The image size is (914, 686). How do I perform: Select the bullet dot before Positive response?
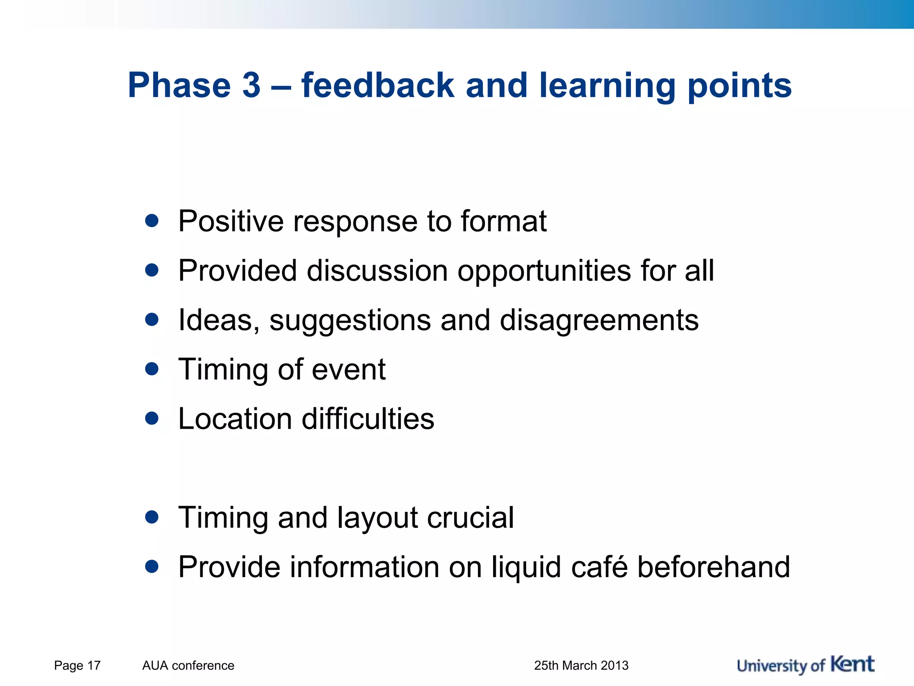(152, 220)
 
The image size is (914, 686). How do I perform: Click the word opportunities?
(544, 272)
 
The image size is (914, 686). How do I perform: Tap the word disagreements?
(599, 321)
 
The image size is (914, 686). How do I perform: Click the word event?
(348, 370)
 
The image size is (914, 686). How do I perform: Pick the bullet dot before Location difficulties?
(152, 418)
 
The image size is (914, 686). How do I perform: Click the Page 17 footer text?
(77, 665)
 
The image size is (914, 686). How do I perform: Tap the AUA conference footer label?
(188, 665)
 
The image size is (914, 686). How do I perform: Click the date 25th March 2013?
(581, 665)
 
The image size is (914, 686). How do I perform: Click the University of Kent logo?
(805, 665)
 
